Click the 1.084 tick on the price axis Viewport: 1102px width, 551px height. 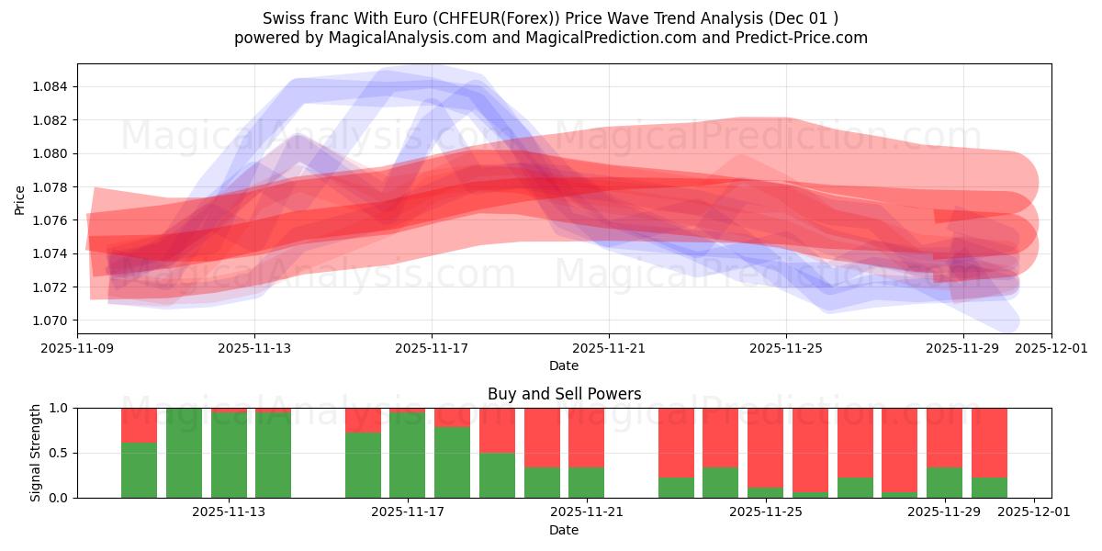[x=51, y=87]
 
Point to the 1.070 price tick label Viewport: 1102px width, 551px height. [x=51, y=320]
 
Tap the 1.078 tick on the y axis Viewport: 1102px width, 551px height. [x=51, y=187]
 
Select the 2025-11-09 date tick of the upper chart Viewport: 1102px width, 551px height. [x=77, y=349]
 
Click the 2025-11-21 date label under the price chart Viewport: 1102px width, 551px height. [x=609, y=349]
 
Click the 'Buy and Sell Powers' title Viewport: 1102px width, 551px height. [x=564, y=395]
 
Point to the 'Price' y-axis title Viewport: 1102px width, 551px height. [x=20, y=199]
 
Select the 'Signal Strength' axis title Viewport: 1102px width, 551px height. [x=35, y=453]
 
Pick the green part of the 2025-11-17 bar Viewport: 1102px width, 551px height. [x=407, y=455]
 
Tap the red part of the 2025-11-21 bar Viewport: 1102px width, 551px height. [x=586, y=437]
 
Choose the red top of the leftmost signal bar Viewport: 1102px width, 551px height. [x=139, y=424]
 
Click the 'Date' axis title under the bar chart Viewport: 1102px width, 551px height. [x=564, y=530]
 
